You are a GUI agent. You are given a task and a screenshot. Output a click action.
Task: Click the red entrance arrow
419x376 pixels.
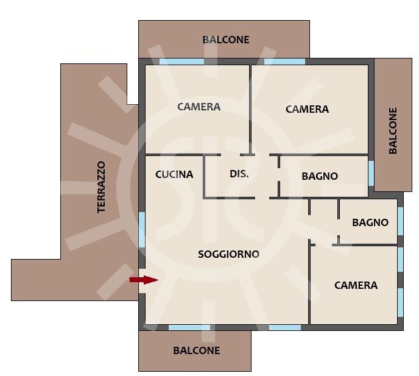tap(144, 280)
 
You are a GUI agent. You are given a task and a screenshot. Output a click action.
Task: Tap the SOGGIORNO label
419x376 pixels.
tap(229, 254)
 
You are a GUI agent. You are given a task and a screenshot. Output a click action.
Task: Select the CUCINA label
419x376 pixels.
tap(174, 174)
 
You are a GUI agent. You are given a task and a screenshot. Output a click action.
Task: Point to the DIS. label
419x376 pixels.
tap(239, 174)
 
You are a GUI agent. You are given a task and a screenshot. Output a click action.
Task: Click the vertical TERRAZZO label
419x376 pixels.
tap(102, 186)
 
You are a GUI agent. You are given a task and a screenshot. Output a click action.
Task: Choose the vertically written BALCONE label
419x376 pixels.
tap(393, 130)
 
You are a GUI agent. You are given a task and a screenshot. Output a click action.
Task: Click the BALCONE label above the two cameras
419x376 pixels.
tap(226, 40)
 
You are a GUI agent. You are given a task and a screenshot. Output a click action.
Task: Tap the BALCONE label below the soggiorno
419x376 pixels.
tap(196, 350)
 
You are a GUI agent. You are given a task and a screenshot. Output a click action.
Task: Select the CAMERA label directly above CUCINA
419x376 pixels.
tap(199, 107)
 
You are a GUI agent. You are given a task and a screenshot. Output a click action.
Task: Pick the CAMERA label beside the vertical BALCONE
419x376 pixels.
tap(307, 110)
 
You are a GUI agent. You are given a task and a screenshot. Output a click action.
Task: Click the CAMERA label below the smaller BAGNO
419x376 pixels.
tap(356, 285)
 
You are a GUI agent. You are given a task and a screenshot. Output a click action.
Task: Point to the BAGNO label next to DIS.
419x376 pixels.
tap(320, 176)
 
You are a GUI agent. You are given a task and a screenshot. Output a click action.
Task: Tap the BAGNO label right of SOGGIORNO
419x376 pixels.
tap(370, 222)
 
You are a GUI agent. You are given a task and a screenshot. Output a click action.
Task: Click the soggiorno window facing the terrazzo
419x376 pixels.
tap(142, 229)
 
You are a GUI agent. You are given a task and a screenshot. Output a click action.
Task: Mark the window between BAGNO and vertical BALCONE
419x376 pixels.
tap(371, 173)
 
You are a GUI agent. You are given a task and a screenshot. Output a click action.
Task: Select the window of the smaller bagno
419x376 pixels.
tap(400, 222)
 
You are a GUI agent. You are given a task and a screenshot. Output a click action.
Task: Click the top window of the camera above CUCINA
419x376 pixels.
tap(181, 62)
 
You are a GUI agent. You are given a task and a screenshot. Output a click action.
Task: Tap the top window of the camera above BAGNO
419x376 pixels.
tap(284, 62)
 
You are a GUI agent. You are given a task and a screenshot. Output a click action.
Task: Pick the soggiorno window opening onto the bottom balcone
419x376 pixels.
tap(189, 327)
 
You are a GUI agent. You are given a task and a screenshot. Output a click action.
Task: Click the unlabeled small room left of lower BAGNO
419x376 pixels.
tap(323, 221)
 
